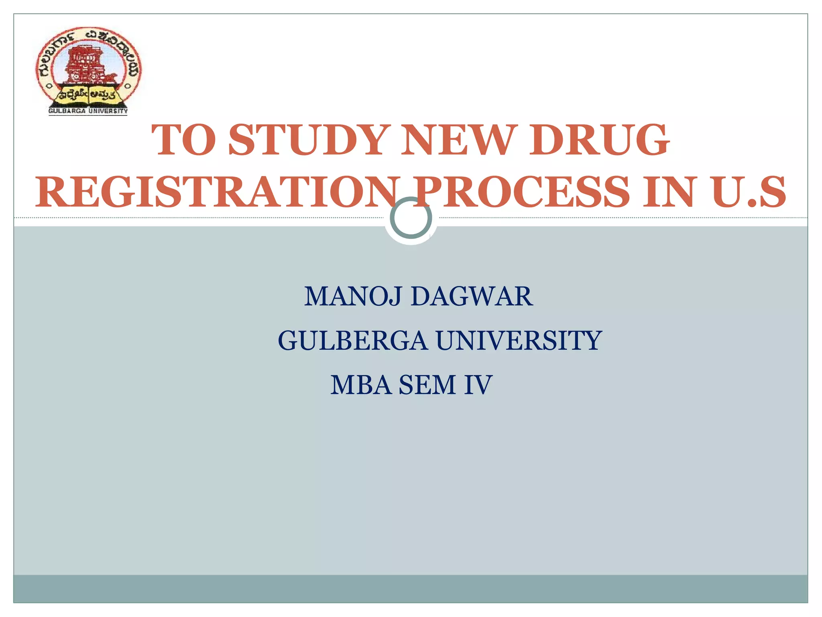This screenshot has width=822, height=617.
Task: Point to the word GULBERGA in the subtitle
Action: (x=352, y=341)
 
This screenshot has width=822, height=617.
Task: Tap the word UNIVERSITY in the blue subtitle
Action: (x=519, y=341)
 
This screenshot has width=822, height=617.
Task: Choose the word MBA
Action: (x=361, y=385)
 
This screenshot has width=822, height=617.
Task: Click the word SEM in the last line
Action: (x=427, y=385)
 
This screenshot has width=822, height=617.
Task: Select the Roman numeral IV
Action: (x=478, y=385)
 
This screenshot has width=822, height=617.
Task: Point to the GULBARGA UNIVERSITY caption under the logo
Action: (x=88, y=111)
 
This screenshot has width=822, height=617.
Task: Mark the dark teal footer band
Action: (x=411, y=588)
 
